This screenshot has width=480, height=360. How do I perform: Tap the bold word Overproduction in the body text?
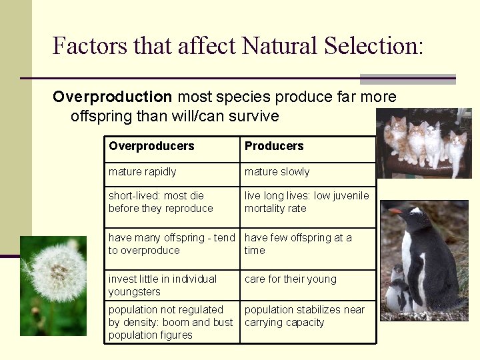113,97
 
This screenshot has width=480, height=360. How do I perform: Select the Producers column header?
274,146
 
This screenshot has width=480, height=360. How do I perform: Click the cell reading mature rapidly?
143,172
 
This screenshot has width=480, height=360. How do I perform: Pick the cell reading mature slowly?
277,172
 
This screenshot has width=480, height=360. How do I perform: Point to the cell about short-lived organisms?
161,202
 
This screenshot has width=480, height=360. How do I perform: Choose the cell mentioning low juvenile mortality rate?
306,202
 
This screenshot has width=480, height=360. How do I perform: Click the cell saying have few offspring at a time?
298,244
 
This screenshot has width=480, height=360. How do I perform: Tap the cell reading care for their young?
290,279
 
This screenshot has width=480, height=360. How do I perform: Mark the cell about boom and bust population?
171,322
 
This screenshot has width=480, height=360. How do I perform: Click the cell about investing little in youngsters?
163,285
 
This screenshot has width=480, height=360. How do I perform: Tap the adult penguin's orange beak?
396,212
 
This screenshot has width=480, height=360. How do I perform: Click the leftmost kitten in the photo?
398,136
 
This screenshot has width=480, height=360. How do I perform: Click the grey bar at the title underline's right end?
407,79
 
